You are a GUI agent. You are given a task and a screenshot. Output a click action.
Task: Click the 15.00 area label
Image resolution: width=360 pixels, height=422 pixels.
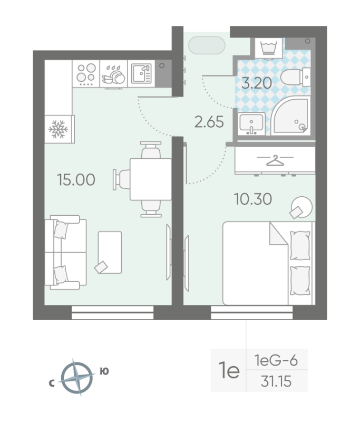76,180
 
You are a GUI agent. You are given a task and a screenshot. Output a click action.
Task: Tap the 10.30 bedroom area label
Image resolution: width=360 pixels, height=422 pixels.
253,199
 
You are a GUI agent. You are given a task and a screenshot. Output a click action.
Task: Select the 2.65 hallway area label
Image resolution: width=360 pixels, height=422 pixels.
209,122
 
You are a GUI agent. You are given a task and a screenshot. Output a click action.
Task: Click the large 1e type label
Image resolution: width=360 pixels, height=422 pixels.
228,371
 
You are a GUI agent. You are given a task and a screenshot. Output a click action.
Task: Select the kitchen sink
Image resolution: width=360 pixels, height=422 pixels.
141,74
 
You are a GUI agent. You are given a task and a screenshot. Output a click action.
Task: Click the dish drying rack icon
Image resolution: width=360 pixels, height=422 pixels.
114,75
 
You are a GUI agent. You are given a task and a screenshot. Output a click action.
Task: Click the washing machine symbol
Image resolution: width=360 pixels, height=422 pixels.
268,49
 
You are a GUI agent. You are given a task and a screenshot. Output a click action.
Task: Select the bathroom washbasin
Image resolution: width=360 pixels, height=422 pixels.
251,124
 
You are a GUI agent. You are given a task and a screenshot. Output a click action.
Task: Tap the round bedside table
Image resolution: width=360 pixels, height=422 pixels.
300,207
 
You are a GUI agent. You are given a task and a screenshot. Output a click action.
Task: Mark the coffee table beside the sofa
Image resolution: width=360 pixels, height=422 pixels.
110,252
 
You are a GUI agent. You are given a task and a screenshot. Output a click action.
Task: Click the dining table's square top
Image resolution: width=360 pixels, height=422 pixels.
150,179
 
